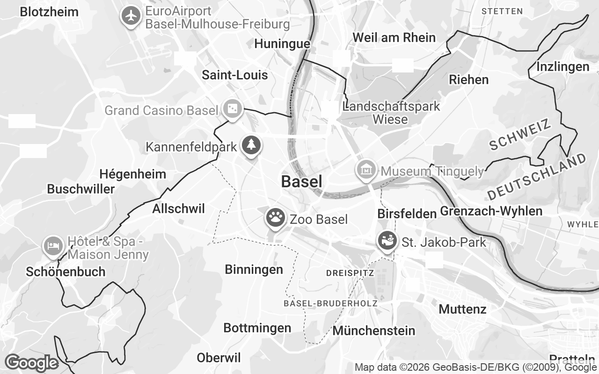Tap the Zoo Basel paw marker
pyautogui.click(x=275, y=217)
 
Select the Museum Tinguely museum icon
pyautogui.click(x=365, y=170)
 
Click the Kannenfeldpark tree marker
pyautogui.click(x=251, y=144)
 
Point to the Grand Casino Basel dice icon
pyautogui.click(x=232, y=109)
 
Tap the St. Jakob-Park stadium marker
pyautogui.click(x=387, y=241)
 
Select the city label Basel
pyautogui.click(x=301, y=182)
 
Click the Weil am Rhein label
pyautogui.click(x=394, y=37)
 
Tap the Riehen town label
pyautogui.click(x=468, y=79)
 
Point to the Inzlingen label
pyautogui.click(x=562, y=67)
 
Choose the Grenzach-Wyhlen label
pyautogui.click(x=491, y=211)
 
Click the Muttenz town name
pyautogui.click(x=462, y=309)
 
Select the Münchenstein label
pyautogui.click(x=373, y=331)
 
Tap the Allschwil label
pyautogui.click(x=178, y=209)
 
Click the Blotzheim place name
pyautogui.click(x=49, y=12)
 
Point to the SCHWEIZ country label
pyautogui.click(x=520, y=135)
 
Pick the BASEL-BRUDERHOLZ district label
pyautogui.click(x=330, y=303)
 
